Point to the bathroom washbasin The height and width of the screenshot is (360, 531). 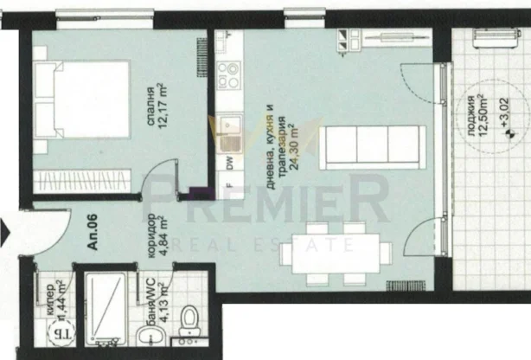pyautogui.click(x=147, y=337)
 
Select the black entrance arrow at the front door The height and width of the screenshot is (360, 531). pyautogui.click(x=4, y=232)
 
